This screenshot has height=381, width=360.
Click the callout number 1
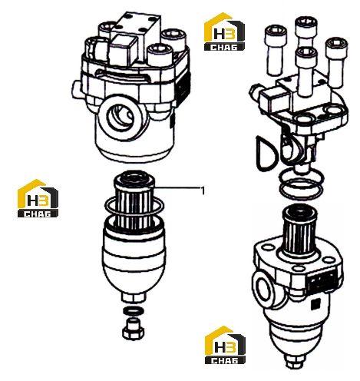(x=203, y=190)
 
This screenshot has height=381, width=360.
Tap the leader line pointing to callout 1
(x=177, y=188)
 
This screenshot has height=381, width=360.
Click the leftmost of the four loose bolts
(x=276, y=50)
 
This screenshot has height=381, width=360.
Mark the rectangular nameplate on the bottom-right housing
(x=323, y=282)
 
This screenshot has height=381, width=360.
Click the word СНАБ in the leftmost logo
(x=38, y=214)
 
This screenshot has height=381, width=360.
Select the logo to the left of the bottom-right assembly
(x=225, y=345)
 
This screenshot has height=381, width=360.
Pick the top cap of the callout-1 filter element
(x=134, y=179)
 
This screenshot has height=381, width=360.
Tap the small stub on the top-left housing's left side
(x=77, y=89)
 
